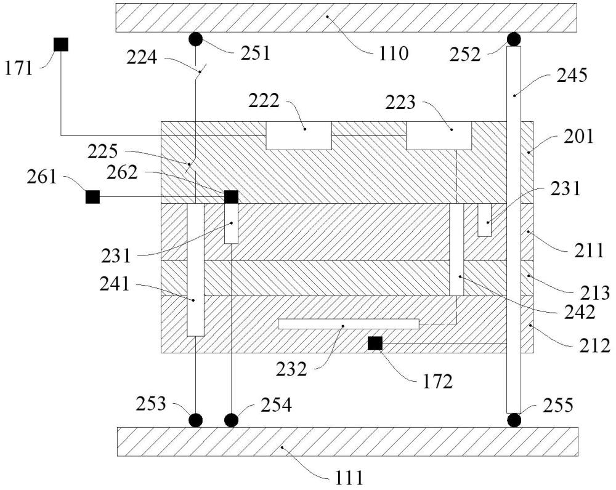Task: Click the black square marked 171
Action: coord(61,44)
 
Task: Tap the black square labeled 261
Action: coord(93,197)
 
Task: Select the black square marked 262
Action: coord(231,197)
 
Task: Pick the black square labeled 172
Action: coord(375,343)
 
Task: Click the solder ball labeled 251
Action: coord(196,39)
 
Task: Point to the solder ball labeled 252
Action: coord(514,39)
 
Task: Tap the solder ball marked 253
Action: coord(196,420)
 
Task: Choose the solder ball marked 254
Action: coord(232,420)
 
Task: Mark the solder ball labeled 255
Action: coord(514,420)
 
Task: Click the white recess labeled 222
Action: coord(299,135)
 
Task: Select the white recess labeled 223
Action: coord(439,135)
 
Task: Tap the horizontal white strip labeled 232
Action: coord(349,324)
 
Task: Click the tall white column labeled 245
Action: coord(514,230)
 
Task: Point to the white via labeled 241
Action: coord(195,270)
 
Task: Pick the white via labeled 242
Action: coord(456,250)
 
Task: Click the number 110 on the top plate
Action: coord(394,54)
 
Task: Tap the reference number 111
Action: coord(349,479)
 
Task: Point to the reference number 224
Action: coord(142,58)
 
